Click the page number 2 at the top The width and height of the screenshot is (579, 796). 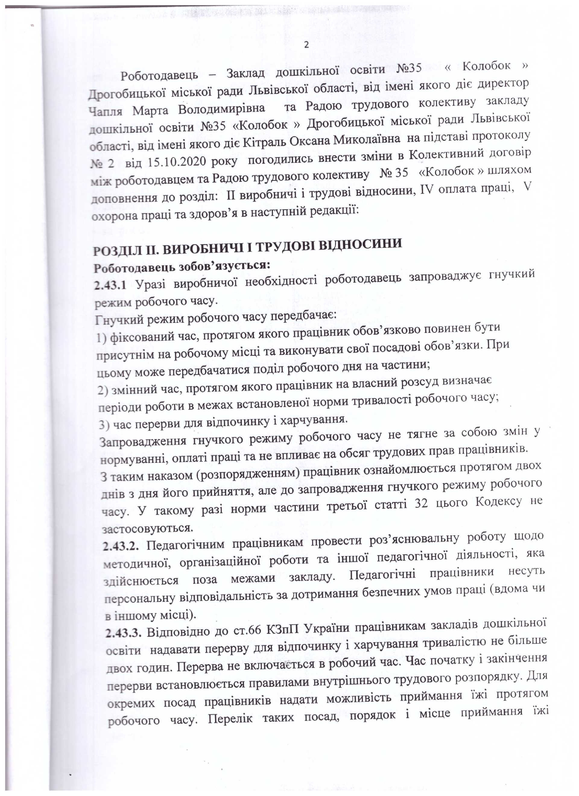tap(306, 45)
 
